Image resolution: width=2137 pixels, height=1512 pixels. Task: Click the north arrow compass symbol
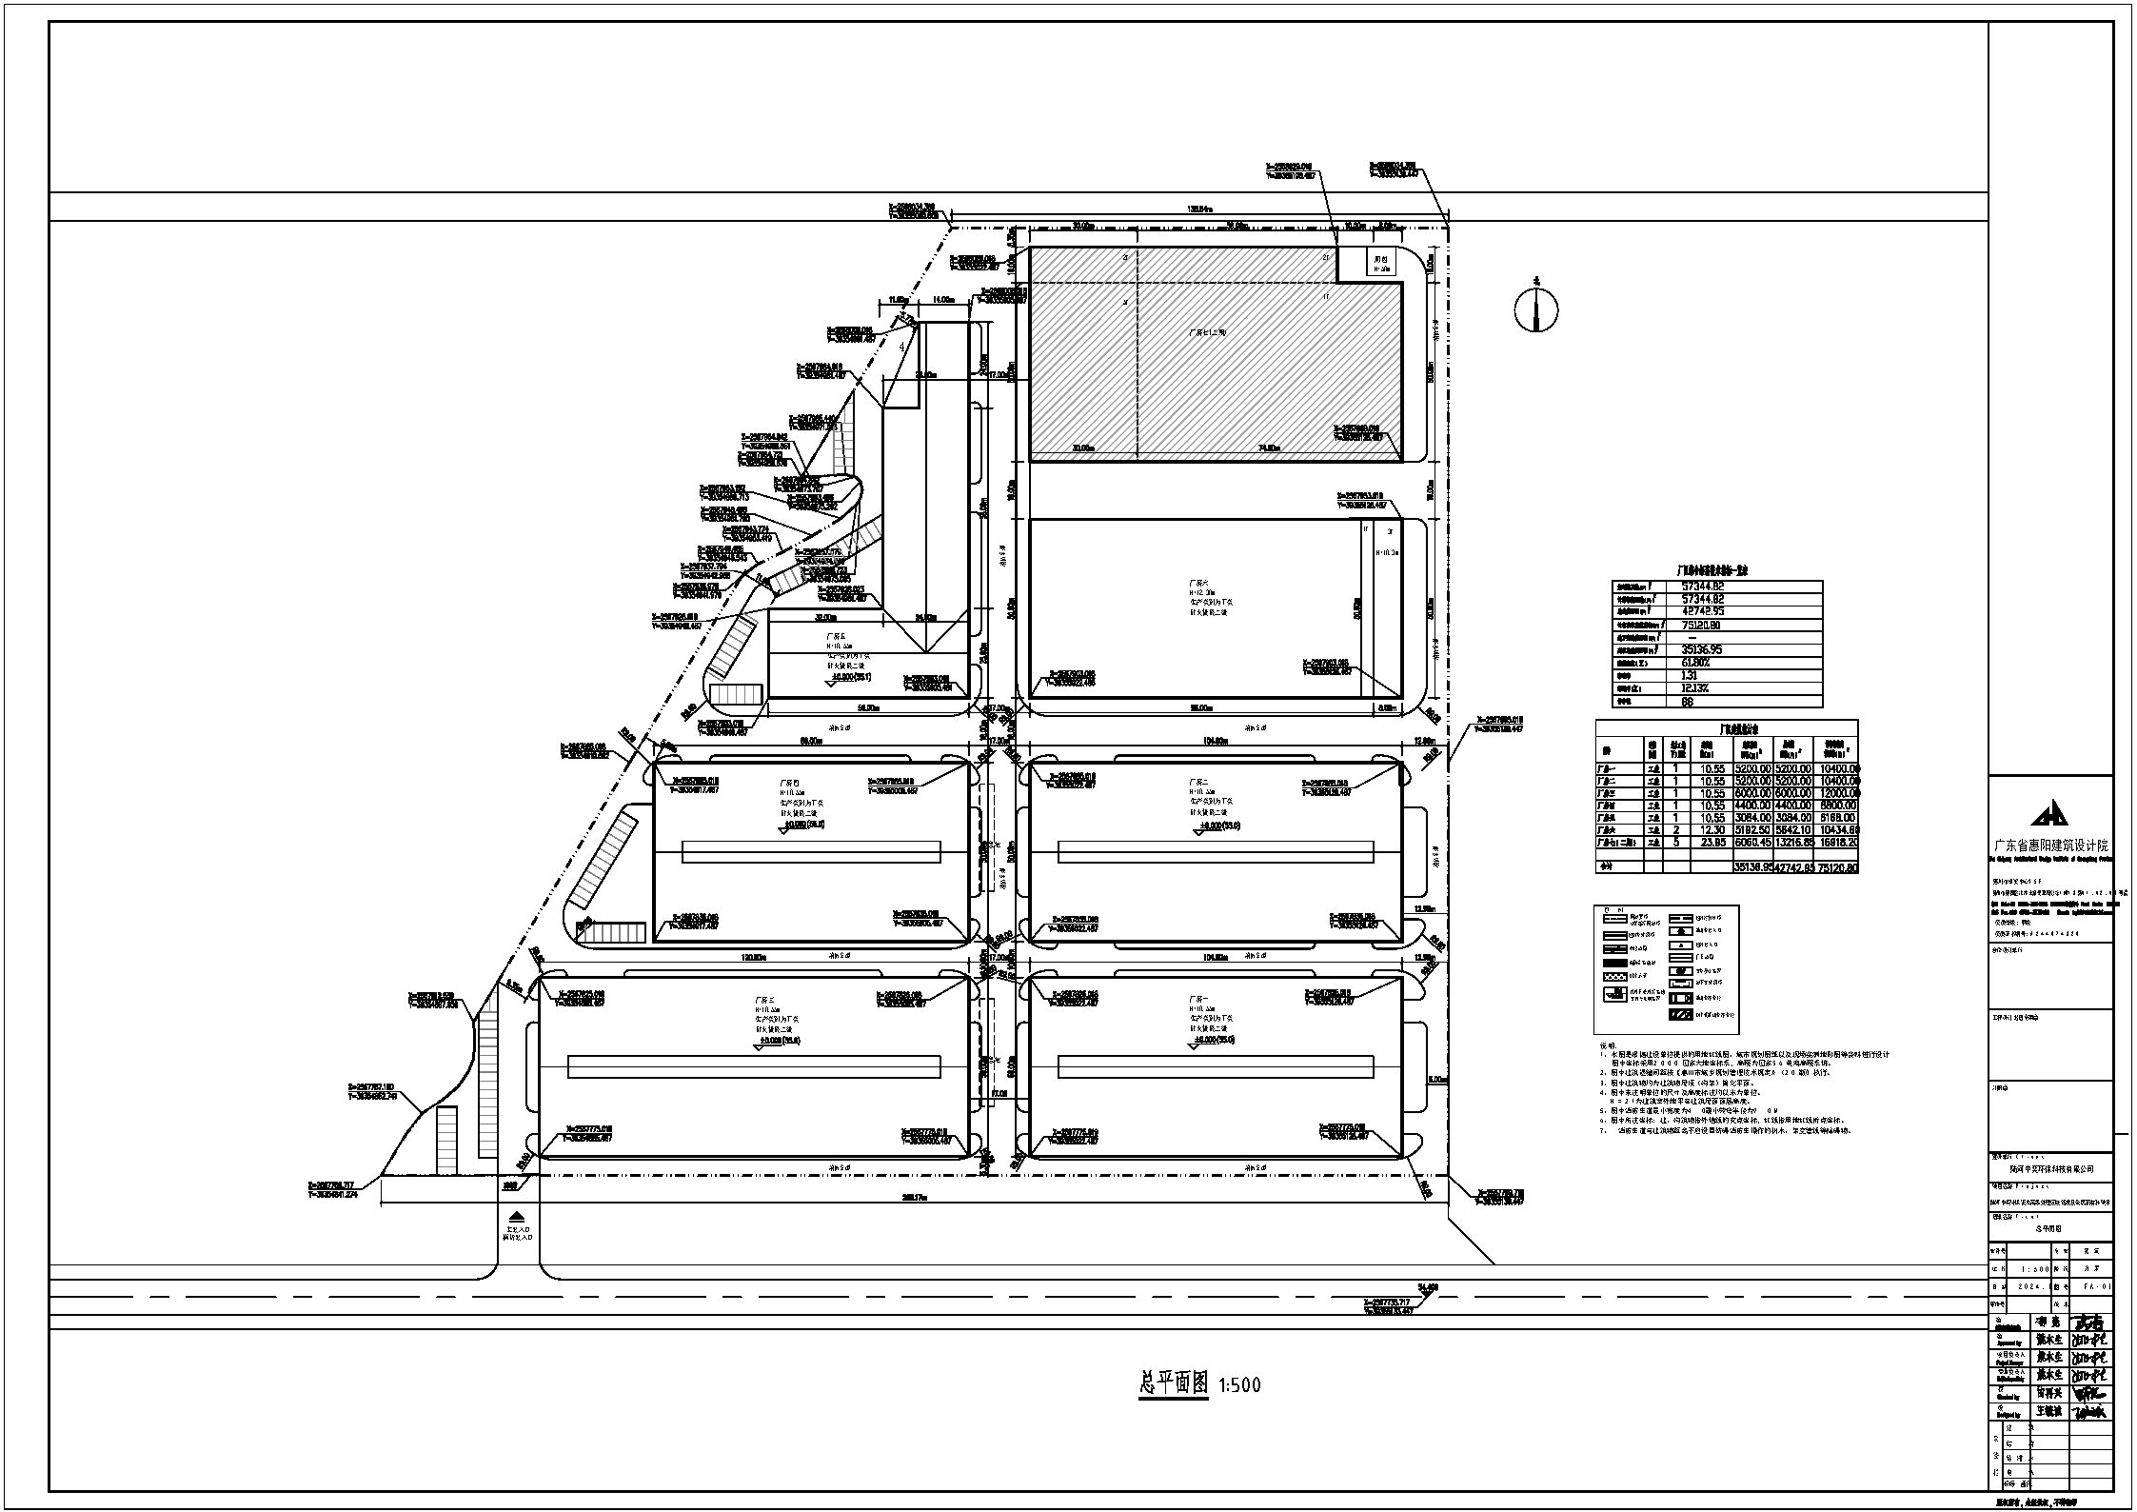(x=1536, y=309)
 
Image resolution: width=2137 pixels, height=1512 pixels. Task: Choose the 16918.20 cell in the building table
(x=1838, y=842)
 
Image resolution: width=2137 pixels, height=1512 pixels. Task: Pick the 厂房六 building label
(x=1197, y=582)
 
